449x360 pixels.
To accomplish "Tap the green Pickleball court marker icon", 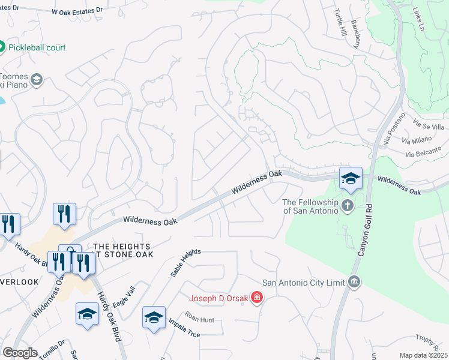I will point(1,47).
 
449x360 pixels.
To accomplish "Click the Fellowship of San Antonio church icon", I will point(347,206).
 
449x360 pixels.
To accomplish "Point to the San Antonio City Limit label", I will point(303,283).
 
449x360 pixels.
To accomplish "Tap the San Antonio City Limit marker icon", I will point(354,282).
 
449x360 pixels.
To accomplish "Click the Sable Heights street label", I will point(184,263).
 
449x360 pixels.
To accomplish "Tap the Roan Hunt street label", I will point(199,320).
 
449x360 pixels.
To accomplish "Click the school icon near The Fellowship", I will point(351,178).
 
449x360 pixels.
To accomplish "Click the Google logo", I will point(20,353).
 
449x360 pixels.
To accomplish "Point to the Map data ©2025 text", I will point(423,355).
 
